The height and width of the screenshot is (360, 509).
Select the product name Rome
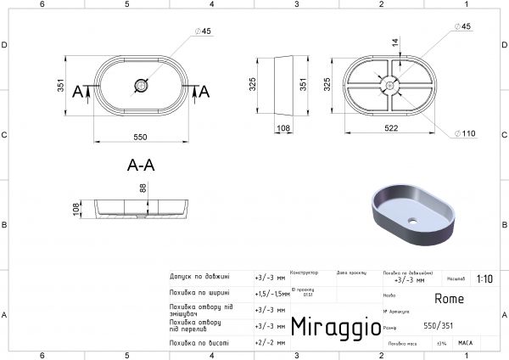tap(449, 298)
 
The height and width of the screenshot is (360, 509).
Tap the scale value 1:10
tap(484, 278)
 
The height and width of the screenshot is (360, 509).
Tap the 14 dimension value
tap(393, 42)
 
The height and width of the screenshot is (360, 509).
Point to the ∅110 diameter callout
tap(468, 134)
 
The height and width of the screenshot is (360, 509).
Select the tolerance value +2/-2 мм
tap(267, 343)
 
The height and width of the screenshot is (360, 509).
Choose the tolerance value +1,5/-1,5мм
tap(271, 293)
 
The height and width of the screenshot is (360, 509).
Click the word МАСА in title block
tap(465, 343)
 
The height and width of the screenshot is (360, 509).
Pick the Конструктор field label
tap(304, 273)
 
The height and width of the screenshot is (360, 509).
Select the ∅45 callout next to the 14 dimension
tap(463, 27)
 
